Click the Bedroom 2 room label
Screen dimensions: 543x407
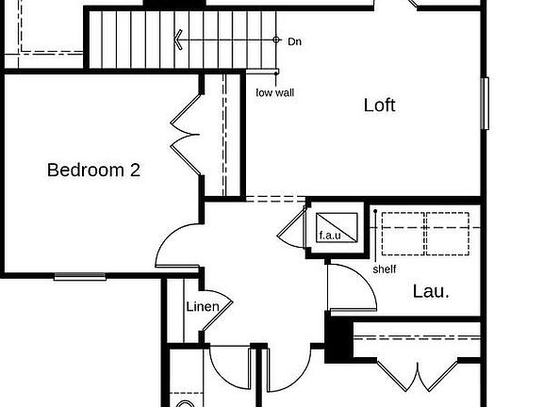click(x=93, y=170)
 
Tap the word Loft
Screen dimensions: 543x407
click(x=380, y=105)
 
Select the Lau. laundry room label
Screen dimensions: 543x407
click(x=431, y=291)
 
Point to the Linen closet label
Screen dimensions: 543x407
click(x=203, y=306)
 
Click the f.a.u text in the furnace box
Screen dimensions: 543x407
click(x=330, y=236)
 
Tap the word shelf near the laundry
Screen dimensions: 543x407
click(x=385, y=269)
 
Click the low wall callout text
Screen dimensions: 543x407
click(x=275, y=92)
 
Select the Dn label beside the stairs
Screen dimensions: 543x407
click(x=295, y=41)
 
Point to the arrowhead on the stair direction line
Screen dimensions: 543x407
click(x=177, y=40)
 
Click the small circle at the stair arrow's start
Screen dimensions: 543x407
click(x=276, y=40)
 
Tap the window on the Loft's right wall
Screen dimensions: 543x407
click(x=485, y=104)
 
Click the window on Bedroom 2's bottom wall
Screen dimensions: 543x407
click(x=80, y=277)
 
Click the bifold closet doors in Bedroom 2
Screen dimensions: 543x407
click(x=186, y=135)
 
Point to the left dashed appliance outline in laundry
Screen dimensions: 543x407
click(x=403, y=234)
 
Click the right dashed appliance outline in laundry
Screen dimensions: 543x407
click(x=448, y=234)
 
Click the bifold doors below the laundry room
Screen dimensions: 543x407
click(x=418, y=377)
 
